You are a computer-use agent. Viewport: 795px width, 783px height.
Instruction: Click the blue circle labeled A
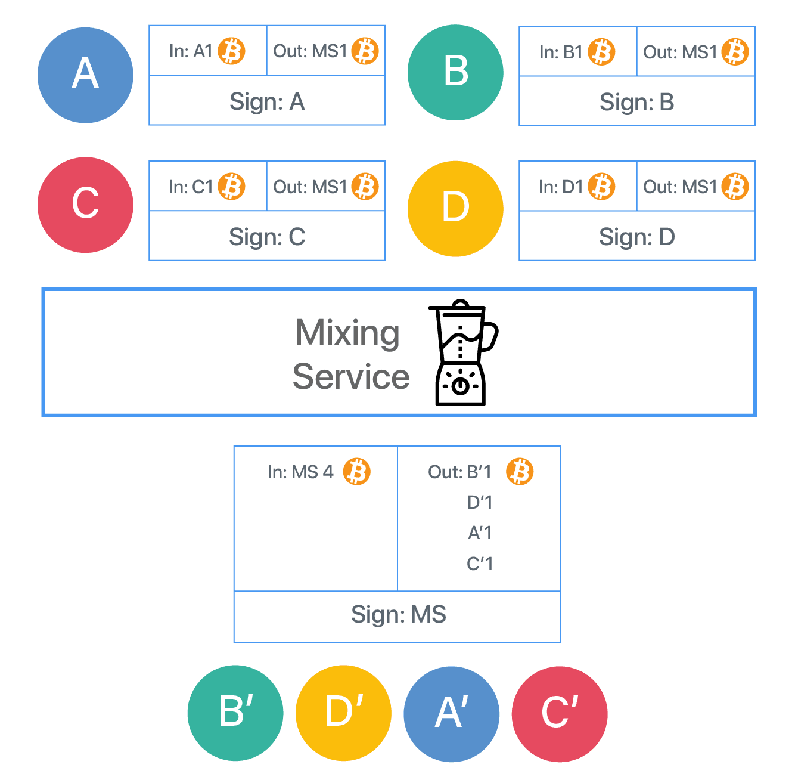coord(85,75)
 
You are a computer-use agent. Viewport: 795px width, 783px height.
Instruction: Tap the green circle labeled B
coord(455,73)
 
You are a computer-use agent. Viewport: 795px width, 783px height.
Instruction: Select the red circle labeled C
coord(85,205)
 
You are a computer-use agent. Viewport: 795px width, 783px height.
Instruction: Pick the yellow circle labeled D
coord(455,209)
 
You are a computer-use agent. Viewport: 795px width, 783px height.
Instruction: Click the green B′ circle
coord(235,713)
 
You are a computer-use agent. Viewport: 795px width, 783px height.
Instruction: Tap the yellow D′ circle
coord(344,713)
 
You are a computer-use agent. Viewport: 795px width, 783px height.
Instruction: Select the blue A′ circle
coord(452,714)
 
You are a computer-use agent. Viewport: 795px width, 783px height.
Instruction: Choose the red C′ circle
coord(560,714)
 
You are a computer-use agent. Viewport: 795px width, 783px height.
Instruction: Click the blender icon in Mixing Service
coord(463,352)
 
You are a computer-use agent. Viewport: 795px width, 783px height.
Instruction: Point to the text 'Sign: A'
coord(268,101)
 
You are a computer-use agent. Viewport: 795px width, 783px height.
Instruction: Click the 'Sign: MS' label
coord(399,614)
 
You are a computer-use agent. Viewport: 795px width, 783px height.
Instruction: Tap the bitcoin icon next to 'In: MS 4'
coord(357,471)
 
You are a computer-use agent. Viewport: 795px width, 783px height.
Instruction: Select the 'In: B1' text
coord(561,52)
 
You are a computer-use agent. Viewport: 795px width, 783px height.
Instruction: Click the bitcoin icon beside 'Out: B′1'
coord(520,471)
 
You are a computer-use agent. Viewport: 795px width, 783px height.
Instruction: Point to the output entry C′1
coord(480,564)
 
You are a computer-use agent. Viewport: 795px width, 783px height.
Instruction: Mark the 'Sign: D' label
coord(637,237)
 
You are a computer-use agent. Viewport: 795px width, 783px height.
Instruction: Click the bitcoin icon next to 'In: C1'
coord(231,187)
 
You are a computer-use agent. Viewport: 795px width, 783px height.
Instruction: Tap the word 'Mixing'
coord(347,333)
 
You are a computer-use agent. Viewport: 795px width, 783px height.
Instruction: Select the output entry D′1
coord(480,502)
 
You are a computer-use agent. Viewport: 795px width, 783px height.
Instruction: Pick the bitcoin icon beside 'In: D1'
coord(601,187)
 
